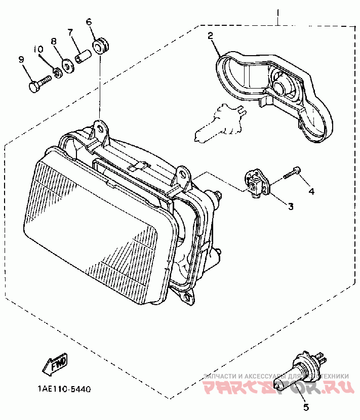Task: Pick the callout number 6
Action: [89, 22]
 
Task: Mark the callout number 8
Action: [53, 41]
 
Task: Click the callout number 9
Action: [21, 59]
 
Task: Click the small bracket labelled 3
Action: [256, 183]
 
